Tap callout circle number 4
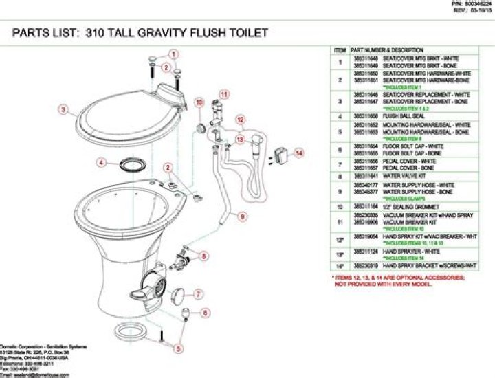(101, 163)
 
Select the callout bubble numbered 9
(242, 216)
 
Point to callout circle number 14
(298, 154)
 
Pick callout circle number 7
(197, 294)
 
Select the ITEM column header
(340, 51)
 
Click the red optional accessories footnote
(399, 280)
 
